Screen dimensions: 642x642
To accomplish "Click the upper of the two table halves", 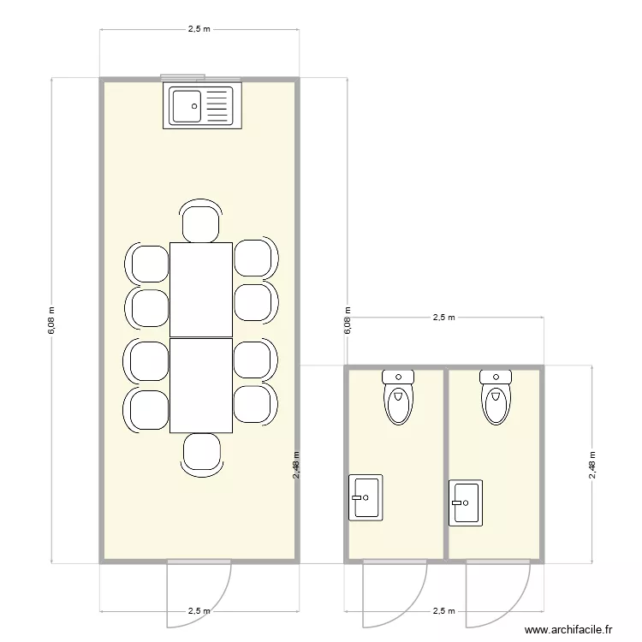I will pos(201,289).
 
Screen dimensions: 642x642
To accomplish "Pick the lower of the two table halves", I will pos(201,385).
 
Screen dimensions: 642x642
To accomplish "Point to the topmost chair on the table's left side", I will pos(149,263).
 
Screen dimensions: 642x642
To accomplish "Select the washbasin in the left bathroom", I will pos(366,496).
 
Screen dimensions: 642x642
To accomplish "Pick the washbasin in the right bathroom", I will pos(466,502).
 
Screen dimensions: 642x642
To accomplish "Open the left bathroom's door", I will pos(395,592).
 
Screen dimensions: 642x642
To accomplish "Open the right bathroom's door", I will pos(498,592).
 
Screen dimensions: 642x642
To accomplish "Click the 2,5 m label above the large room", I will pos(199,29).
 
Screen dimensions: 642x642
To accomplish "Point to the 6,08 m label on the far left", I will pos(51,321).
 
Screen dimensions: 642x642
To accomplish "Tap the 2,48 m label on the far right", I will pos(591,465).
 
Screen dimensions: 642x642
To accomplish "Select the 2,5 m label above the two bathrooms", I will pos(444,317).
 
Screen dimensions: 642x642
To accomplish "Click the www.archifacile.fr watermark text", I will pos(568,629).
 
